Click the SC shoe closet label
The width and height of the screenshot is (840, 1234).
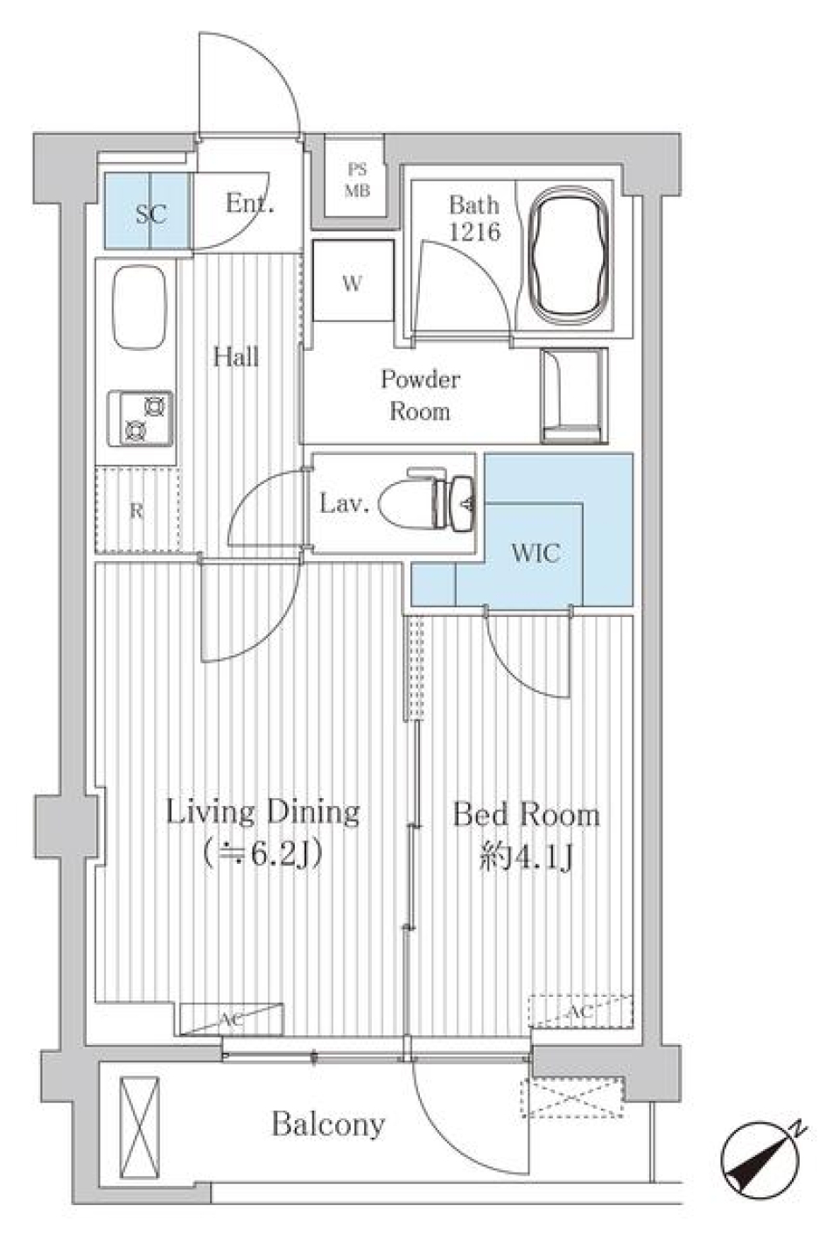[150, 213]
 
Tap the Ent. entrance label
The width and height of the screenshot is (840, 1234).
[249, 204]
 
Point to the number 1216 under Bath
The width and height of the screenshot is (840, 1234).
[474, 232]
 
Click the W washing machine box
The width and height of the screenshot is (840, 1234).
[352, 283]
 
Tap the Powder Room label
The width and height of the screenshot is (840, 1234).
[420, 395]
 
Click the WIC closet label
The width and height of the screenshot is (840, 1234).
[535, 552]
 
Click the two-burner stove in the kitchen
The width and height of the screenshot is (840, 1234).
[140, 417]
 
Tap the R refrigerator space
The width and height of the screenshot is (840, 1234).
[137, 511]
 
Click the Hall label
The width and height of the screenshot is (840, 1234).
[235, 356]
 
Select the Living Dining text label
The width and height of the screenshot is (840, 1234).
[262, 811]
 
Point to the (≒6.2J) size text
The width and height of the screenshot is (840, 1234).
[262, 853]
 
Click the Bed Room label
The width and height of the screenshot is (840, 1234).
[526, 815]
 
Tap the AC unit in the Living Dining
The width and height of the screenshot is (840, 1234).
[232, 1019]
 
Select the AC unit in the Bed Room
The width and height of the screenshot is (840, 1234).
[580, 1011]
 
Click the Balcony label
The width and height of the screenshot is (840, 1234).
[328, 1124]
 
